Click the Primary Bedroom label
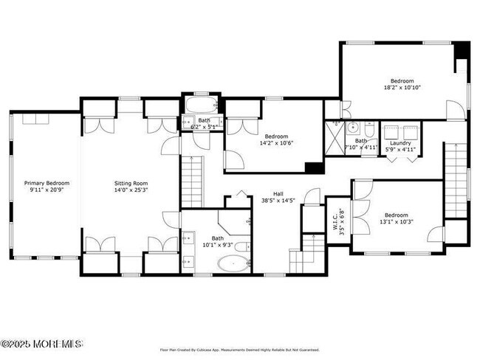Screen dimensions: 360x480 pyautogui.click(x=47, y=183)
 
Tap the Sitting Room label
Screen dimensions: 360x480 pyautogui.click(x=131, y=183)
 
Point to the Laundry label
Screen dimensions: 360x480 pyautogui.click(x=400, y=143)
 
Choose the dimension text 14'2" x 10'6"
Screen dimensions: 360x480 pyautogui.click(x=276, y=143)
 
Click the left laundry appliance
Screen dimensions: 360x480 pyautogui.click(x=392, y=130)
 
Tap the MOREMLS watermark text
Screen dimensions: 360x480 pyautogui.click(x=42, y=344)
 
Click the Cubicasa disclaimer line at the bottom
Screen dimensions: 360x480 pyautogui.click(x=240, y=350)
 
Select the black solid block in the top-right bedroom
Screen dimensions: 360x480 pyautogui.click(x=462, y=51)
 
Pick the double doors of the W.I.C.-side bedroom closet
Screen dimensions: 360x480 pyautogui.click(x=361, y=190)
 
